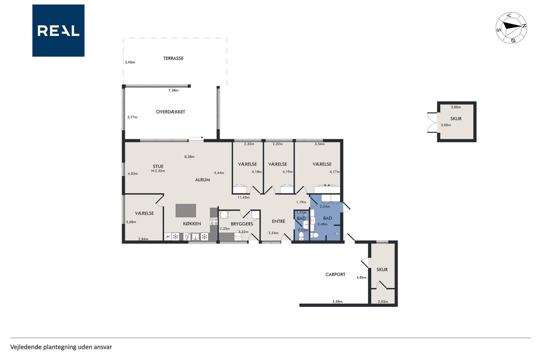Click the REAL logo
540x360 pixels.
click(58, 31)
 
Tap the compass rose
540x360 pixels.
click(511, 28)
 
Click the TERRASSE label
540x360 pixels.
click(173, 58)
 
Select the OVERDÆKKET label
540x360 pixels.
click(170, 112)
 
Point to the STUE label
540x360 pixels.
click(158, 166)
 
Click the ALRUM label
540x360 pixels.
click(202, 180)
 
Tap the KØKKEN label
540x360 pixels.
click(192, 224)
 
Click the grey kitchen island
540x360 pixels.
click(186, 211)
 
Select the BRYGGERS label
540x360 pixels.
click(242, 224)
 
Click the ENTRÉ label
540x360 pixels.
click(278, 221)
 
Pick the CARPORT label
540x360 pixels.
click(335, 274)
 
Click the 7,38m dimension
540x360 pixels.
click(173, 90)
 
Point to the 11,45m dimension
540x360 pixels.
click(243, 198)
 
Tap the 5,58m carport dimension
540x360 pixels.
click(337, 301)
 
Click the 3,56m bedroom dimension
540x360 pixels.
click(320, 144)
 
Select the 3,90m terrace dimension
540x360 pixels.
click(130, 62)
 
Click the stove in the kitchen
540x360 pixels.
click(214, 221)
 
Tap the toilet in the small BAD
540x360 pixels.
click(301, 236)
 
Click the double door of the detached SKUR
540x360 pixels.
click(432, 122)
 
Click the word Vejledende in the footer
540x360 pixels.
click(26, 347)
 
